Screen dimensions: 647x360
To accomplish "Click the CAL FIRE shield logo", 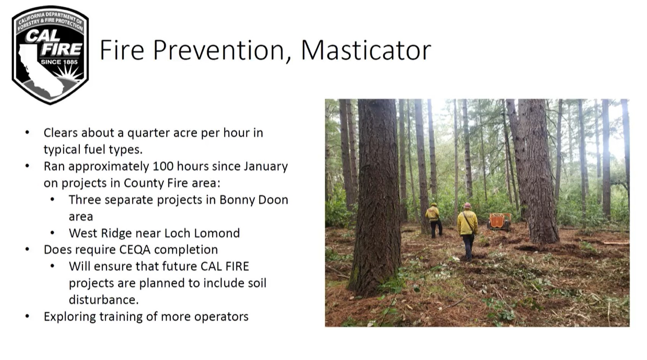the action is coord(50,55).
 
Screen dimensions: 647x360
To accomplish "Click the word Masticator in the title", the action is coord(366,50).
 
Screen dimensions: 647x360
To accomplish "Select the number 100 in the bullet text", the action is coord(163,166).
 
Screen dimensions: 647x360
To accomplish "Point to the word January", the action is coord(266,167).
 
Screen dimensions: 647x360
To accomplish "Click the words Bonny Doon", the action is coord(253,200).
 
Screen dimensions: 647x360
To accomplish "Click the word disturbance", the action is coord(104,300).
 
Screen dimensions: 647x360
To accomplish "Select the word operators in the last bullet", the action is coord(221,317).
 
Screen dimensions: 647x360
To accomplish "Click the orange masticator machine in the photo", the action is coord(499,221).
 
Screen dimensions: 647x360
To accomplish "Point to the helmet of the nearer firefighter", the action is coord(467,205).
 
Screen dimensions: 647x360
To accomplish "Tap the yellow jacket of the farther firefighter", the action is coord(432,213).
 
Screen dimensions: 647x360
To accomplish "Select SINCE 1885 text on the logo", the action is coord(59,62).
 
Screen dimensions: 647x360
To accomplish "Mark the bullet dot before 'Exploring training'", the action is coord(27,316).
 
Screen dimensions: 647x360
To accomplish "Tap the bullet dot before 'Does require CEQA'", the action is coord(27,249).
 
